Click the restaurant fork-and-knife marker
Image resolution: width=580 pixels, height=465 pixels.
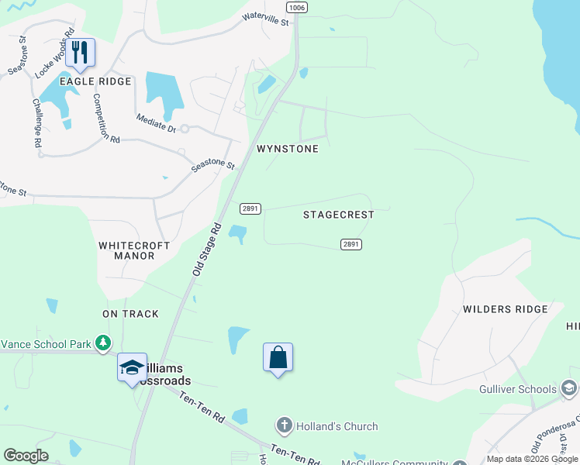pos(80,53)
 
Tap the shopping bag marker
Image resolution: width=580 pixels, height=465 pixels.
pos(278,357)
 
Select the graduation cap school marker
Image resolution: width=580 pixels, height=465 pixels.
pos(132,367)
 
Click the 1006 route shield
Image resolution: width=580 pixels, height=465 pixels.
pos(296,7)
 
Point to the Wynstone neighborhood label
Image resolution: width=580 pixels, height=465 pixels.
pos(288,149)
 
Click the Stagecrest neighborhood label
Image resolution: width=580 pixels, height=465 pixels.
pos(338,215)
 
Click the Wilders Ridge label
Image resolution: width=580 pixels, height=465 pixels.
pos(505,309)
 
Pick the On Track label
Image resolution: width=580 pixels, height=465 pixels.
pos(130,314)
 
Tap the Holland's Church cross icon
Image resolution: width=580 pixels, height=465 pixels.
pos(284,425)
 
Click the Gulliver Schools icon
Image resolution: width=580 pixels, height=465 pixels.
pos(568,388)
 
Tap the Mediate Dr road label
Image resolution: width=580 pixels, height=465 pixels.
pos(155,123)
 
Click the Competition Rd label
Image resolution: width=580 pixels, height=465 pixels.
pos(106,119)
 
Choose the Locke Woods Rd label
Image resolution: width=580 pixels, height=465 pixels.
pos(54,55)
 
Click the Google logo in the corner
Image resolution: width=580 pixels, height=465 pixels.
pos(26,456)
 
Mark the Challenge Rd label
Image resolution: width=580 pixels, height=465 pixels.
pos(36,122)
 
